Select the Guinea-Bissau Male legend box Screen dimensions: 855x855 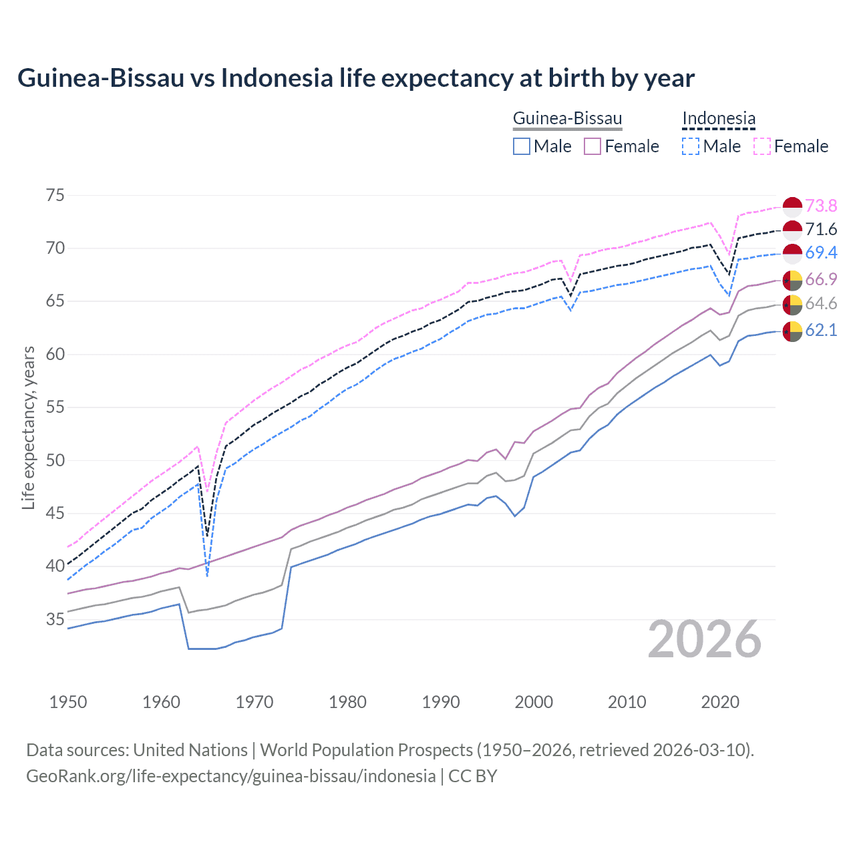tap(522, 146)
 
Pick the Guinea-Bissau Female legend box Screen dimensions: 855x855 tap(593, 146)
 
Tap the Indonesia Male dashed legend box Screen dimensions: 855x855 tap(691, 146)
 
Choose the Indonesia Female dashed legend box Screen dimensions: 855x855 tap(762, 146)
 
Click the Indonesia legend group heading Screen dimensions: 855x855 tap(719, 119)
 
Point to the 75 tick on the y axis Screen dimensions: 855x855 tap(55, 196)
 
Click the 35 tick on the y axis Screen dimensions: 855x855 tap(55, 619)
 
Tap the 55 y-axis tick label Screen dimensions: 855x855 tap(55, 407)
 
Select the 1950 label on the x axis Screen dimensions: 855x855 tap(68, 702)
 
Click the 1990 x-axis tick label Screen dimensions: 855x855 tap(441, 702)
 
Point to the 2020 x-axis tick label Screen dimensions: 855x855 tap(720, 702)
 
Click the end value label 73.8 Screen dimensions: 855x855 tap(821, 206)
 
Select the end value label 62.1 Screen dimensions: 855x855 tap(821, 330)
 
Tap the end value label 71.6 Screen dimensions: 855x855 tap(821, 230)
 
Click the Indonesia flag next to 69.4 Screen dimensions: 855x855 tap(792, 253)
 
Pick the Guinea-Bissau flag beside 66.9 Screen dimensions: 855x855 tap(792, 280)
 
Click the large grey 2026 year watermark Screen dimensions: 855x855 tap(705, 640)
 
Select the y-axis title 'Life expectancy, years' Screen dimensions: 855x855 tap(29, 427)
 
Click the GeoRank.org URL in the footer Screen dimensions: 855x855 tap(230, 776)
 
